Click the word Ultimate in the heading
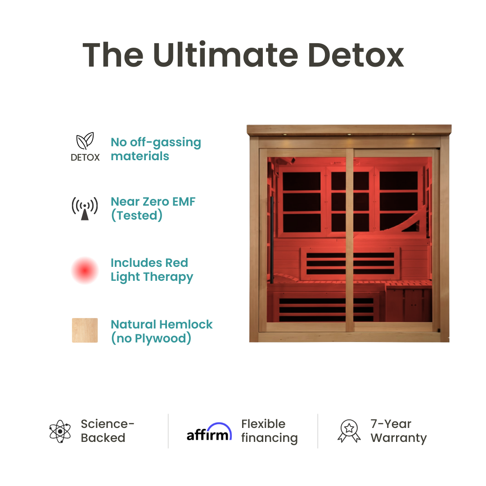point(225,55)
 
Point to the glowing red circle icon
point(85,270)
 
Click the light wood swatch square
point(85,330)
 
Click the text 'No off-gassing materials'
point(156,149)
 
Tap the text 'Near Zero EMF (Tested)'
point(153,208)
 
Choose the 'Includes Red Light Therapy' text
point(152,270)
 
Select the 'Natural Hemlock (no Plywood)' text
point(162,331)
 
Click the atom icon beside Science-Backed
point(60,431)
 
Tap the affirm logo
point(209,432)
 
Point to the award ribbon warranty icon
point(349,431)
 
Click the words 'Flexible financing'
point(269,431)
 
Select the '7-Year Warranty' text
point(398,431)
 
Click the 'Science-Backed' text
point(108,431)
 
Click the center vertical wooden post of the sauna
point(350,238)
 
